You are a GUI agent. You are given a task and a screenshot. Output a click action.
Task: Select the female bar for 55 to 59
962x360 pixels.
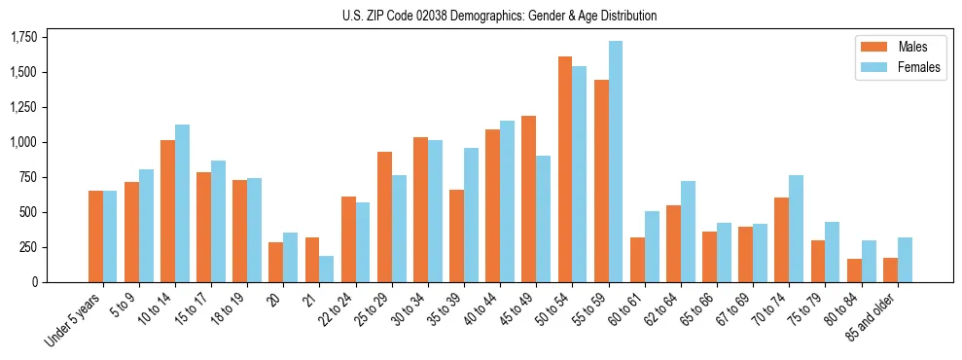click(x=616, y=162)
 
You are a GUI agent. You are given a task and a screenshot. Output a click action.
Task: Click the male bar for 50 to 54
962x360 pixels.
click(x=565, y=169)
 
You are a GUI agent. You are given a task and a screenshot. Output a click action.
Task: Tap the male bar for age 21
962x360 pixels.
click(x=312, y=260)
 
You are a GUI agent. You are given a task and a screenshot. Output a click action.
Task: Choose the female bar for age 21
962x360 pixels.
click(x=327, y=269)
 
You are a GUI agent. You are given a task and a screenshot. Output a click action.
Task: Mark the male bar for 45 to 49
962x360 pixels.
click(x=529, y=198)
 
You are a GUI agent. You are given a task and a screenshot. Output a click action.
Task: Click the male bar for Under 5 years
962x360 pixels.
click(x=95, y=236)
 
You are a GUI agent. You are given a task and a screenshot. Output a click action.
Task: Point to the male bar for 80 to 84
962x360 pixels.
click(x=854, y=270)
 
